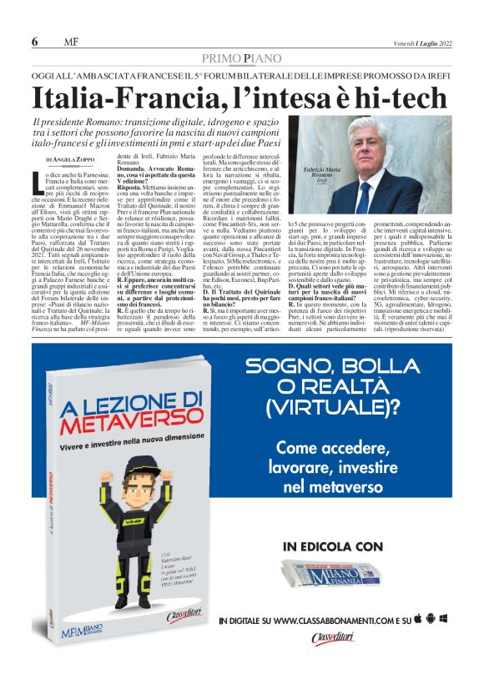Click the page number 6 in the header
point(34,42)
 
